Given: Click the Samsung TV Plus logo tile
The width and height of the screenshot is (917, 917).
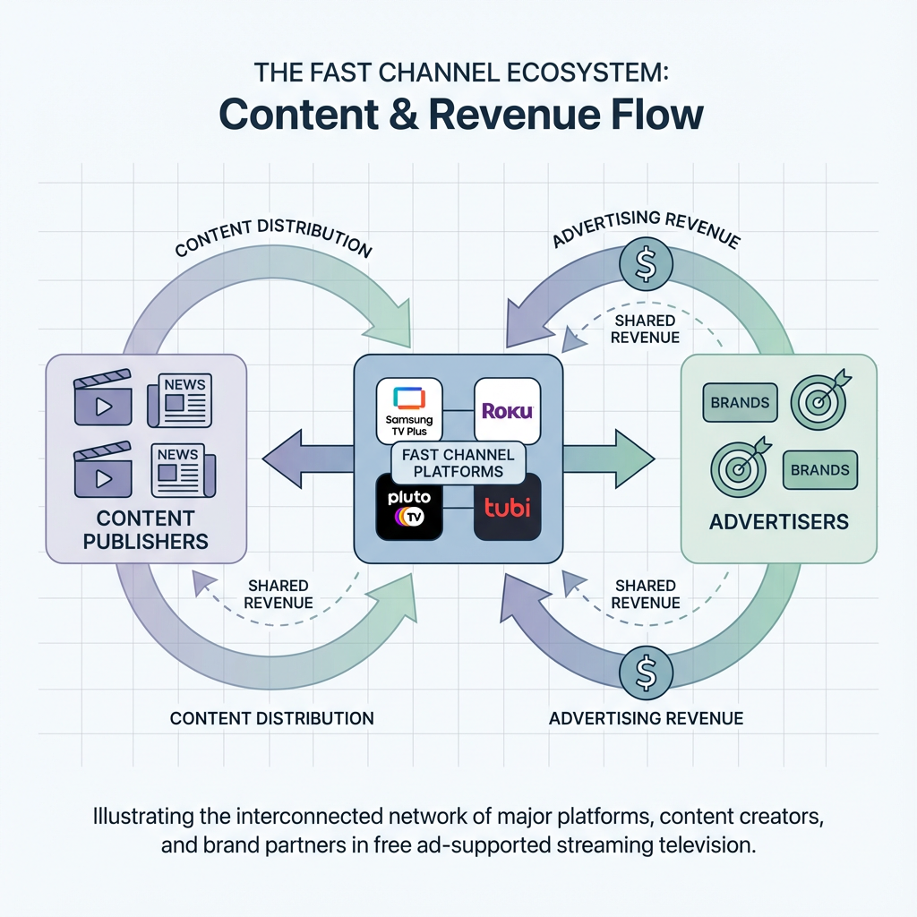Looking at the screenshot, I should [x=409, y=411].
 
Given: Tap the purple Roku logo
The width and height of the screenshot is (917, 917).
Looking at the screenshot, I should [x=507, y=411].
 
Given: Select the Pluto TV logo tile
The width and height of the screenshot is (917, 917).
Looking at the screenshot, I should [x=409, y=508].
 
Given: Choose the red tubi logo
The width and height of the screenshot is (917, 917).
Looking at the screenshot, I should [x=507, y=508].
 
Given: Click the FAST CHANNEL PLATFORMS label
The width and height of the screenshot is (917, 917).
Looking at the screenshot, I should [x=458, y=463].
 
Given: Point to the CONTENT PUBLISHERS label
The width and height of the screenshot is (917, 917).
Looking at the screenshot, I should [x=145, y=529].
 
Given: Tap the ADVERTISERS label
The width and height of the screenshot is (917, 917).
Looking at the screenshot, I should [x=779, y=521].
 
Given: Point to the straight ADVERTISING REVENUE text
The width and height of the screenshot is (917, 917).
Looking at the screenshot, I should [x=646, y=718].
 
